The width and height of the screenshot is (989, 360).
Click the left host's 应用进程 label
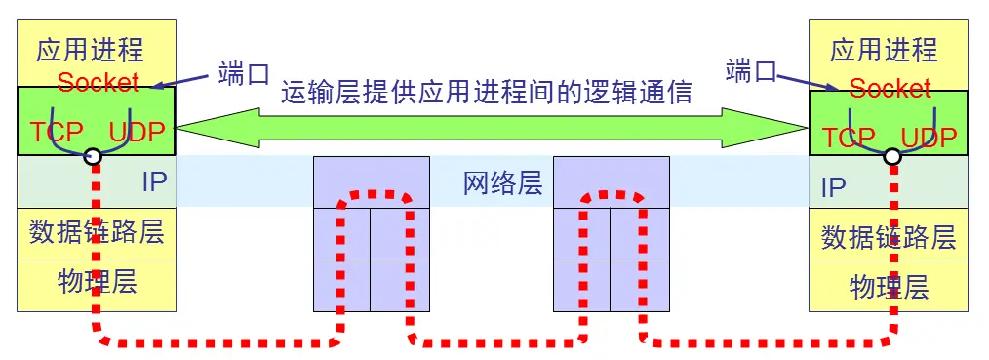click(x=90, y=50)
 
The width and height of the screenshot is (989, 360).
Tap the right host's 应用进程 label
click(x=884, y=50)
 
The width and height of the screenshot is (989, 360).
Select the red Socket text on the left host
click(x=99, y=82)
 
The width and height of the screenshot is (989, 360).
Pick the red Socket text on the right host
click(x=890, y=89)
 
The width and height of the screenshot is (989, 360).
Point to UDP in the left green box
click(x=138, y=132)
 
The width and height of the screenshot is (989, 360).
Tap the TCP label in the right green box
click(x=848, y=137)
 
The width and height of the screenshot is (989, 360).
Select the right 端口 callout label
click(x=753, y=70)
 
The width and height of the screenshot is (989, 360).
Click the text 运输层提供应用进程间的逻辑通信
click(x=486, y=93)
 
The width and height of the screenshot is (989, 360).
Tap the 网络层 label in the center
click(x=502, y=182)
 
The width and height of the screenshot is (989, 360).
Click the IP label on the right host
click(x=833, y=187)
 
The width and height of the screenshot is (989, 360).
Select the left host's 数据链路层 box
click(x=97, y=232)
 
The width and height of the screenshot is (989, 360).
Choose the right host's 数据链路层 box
click(x=889, y=237)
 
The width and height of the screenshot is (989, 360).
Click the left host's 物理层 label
click(x=97, y=283)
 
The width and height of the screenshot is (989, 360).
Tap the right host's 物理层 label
click(x=889, y=287)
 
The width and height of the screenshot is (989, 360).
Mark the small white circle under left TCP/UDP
click(x=94, y=156)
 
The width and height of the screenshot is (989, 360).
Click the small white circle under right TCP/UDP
click(x=891, y=156)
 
